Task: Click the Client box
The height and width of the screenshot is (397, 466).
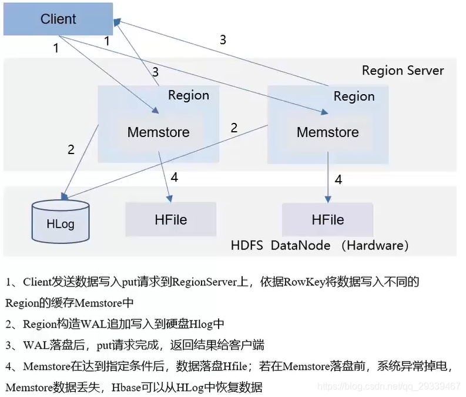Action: click(58, 19)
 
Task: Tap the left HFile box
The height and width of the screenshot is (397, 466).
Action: click(170, 219)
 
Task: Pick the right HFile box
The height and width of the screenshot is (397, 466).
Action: click(327, 219)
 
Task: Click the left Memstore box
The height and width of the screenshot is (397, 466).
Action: click(158, 132)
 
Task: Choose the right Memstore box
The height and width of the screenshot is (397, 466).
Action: click(327, 132)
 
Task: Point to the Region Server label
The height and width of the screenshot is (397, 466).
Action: click(403, 71)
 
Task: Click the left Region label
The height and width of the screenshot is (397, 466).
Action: click(188, 95)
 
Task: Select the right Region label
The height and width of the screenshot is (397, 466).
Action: click(354, 96)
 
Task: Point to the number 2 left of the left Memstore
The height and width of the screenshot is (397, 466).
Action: click(71, 149)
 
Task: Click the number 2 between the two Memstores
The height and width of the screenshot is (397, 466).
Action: click(234, 128)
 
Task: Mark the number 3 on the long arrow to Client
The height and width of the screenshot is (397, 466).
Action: click(223, 40)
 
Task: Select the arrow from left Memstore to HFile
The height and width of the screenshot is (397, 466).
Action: click(165, 174)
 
